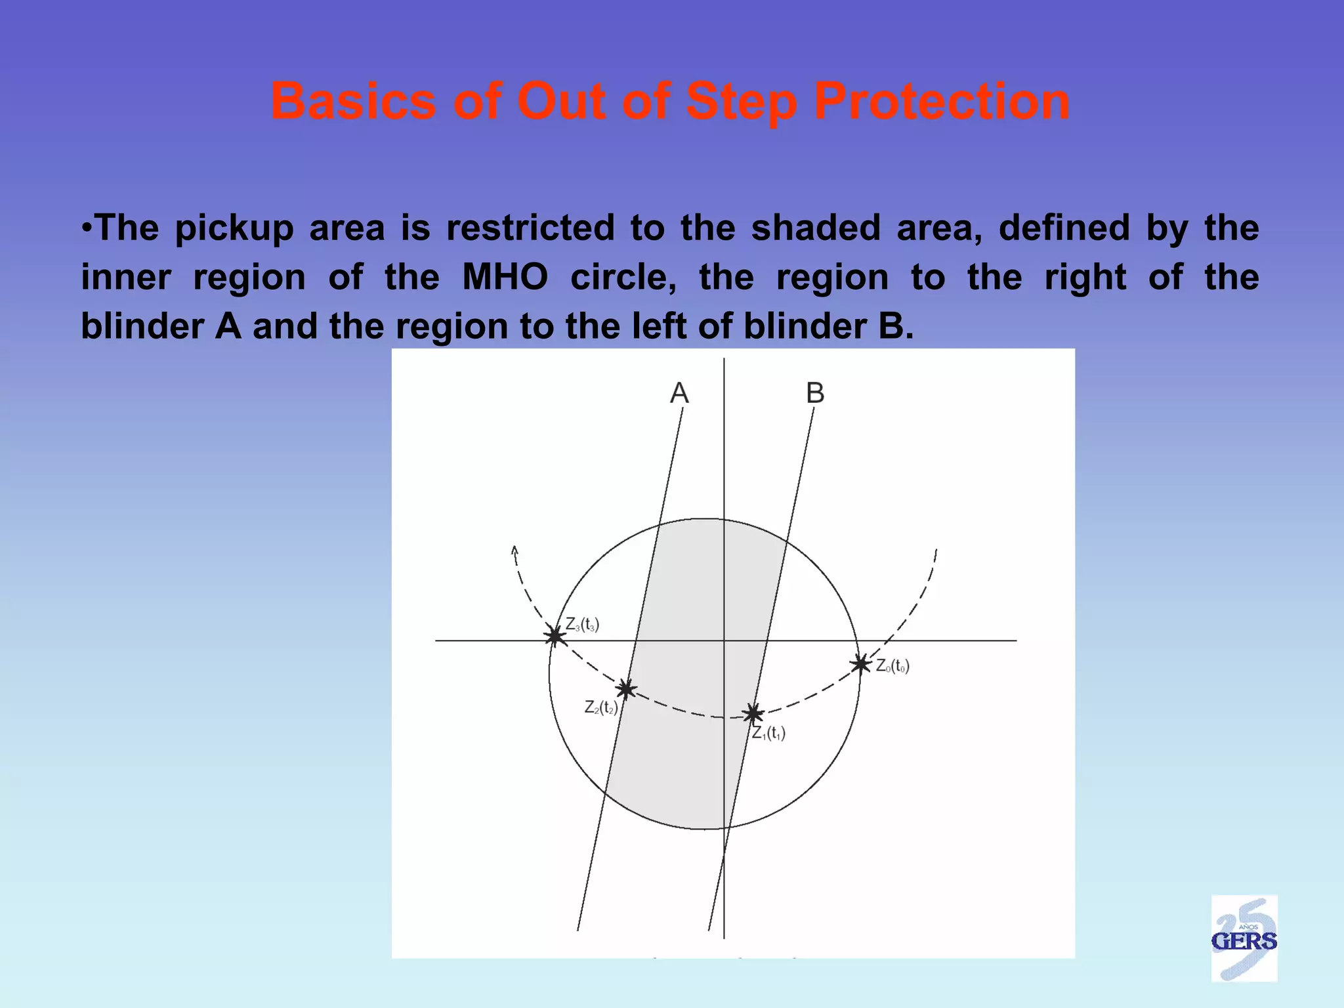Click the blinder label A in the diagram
pyautogui.click(x=679, y=394)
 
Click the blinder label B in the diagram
pyautogui.click(x=815, y=394)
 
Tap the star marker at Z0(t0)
pyautogui.click(x=860, y=664)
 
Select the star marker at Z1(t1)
pyautogui.click(x=753, y=713)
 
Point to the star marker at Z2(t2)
pyautogui.click(x=626, y=689)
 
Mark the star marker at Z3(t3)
pyautogui.click(x=555, y=636)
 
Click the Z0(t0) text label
pyautogui.click(x=892, y=667)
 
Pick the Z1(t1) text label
pyautogui.click(x=768, y=733)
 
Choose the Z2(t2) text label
pyautogui.click(x=601, y=707)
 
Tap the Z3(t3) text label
pyautogui.click(x=582, y=624)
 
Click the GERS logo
pyautogui.click(x=1244, y=939)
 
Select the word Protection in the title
pyautogui.click(x=942, y=102)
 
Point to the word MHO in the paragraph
pyautogui.click(x=505, y=277)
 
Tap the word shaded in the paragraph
pyautogui.click(x=816, y=228)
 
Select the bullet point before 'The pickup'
pyautogui.click(x=86, y=228)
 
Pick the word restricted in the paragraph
pyautogui.click(x=530, y=228)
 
